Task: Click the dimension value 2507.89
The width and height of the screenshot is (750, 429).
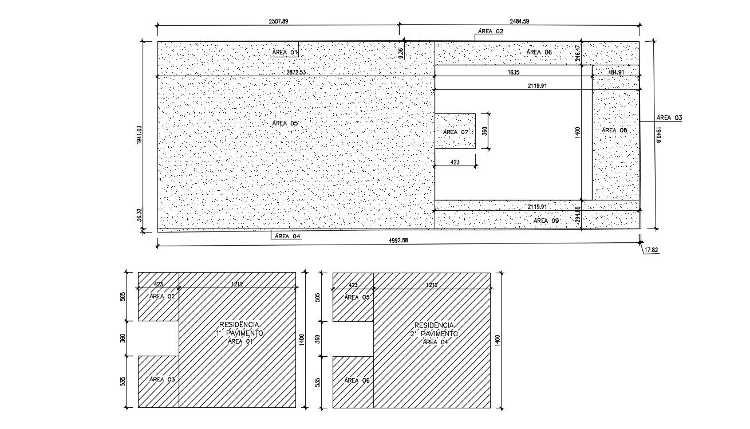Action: [x=278, y=21]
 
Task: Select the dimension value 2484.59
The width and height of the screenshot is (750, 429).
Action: [x=519, y=21]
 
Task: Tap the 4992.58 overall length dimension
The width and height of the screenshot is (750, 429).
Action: [x=397, y=241]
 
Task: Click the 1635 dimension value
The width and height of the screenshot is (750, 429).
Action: [x=514, y=73]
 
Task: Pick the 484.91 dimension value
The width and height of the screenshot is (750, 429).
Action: [x=616, y=73]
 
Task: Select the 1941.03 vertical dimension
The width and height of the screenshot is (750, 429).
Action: [x=139, y=135]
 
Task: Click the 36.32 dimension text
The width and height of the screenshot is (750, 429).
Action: [x=139, y=214]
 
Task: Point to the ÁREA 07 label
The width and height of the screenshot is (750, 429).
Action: [x=456, y=132]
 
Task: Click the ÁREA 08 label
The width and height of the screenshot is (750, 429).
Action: [x=614, y=131]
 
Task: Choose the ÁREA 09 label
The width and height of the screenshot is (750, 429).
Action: [x=546, y=221]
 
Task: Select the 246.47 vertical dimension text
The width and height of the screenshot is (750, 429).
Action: [x=578, y=53]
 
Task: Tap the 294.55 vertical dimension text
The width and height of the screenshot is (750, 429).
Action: [x=578, y=214]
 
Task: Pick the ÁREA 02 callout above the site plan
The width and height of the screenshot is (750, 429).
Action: [x=491, y=32]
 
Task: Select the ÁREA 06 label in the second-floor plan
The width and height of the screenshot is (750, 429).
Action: [x=356, y=380]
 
